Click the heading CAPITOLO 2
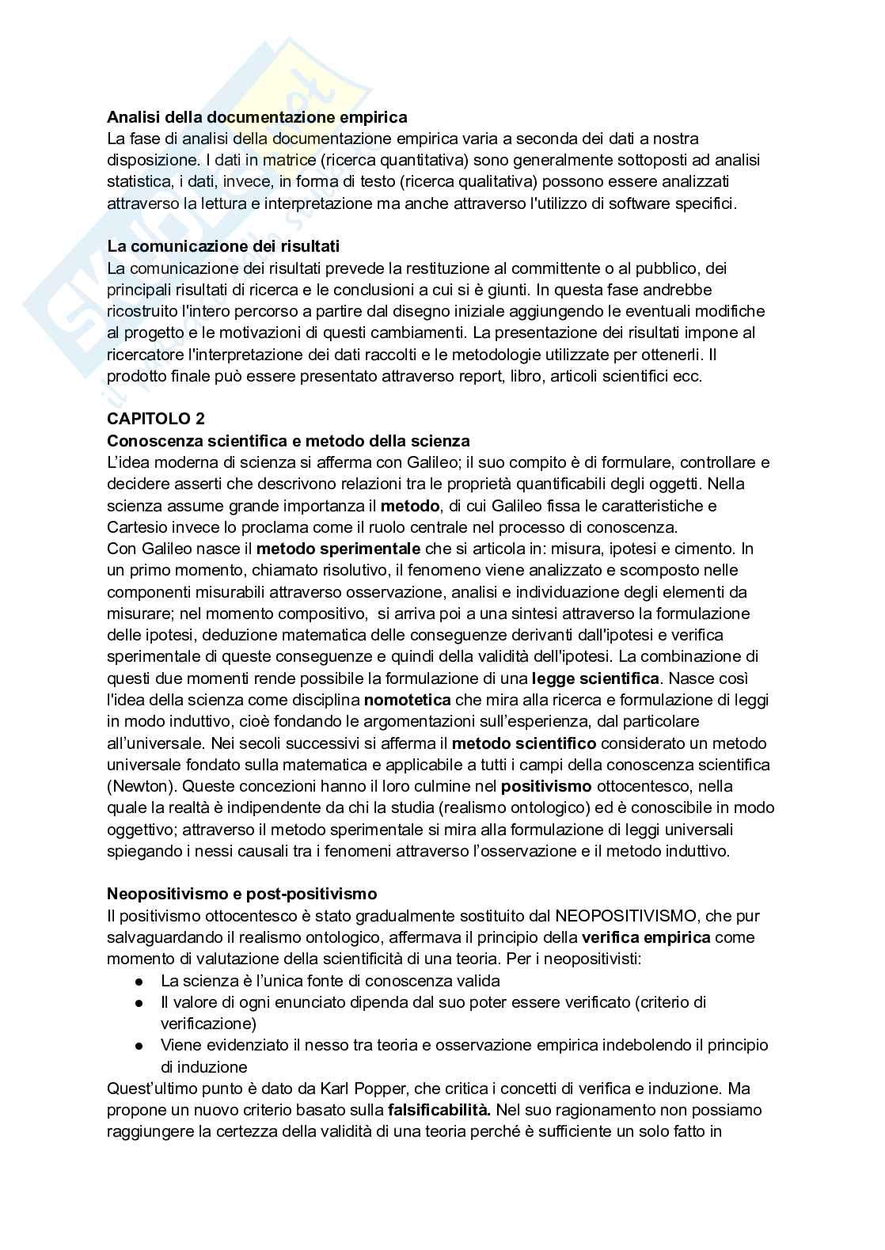[155, 419]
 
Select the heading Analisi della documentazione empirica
[257, 117]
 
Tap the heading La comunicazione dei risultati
[223, 246]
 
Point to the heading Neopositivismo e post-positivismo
[242, 894]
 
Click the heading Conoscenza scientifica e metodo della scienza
[288, 441]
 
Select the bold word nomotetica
[407, 700]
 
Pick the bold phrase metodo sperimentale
[339, 549]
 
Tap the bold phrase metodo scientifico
[523, 743]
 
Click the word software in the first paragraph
[601, 203]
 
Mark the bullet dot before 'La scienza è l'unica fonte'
[138, 981]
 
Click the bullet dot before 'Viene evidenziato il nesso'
[138, 1046]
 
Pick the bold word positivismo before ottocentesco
[546, 787]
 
